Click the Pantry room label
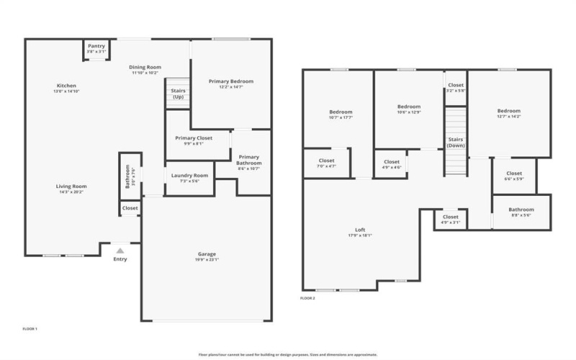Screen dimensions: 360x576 pos(96,47)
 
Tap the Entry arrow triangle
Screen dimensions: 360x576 pos(120,251)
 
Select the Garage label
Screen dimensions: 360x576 pos(207,253)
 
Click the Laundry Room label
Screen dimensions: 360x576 pos(190,175)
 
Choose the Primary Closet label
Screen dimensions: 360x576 pos(194,138)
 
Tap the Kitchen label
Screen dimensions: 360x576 pos(66,86)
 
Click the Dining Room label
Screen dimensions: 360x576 pos(146,67)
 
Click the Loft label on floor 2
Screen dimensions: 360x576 pos(360,230)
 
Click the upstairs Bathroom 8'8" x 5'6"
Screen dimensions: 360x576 pos(521,210)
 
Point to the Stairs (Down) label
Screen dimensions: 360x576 pos(455,142)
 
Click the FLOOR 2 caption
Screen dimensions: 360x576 pos(307,297)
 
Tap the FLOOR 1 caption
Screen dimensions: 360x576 pos(30,329)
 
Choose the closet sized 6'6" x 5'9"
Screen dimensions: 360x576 pos(513,173)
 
